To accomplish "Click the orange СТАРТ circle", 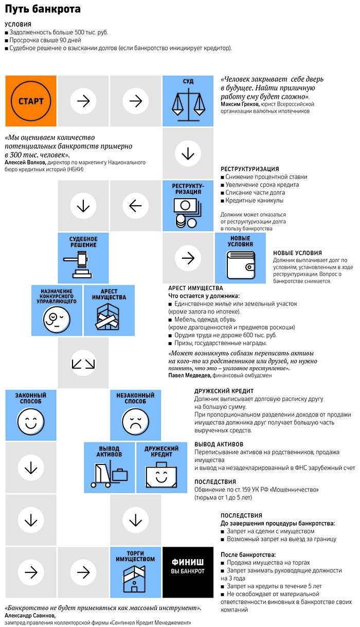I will pyautogui.click(x=31, y=101).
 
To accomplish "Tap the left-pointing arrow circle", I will pyautogui.click(x=135, y=206).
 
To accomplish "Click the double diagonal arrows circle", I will pyautogui.click(x=83, y=363).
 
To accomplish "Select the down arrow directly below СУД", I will pyautogui.click(x=188, y=154).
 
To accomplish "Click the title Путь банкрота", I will pyautogui.click(x=35, y=9).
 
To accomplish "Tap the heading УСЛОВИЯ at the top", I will pyautogui.click(x=18, y=25).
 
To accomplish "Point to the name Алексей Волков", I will pyautogui.click(x=26, y=163).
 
